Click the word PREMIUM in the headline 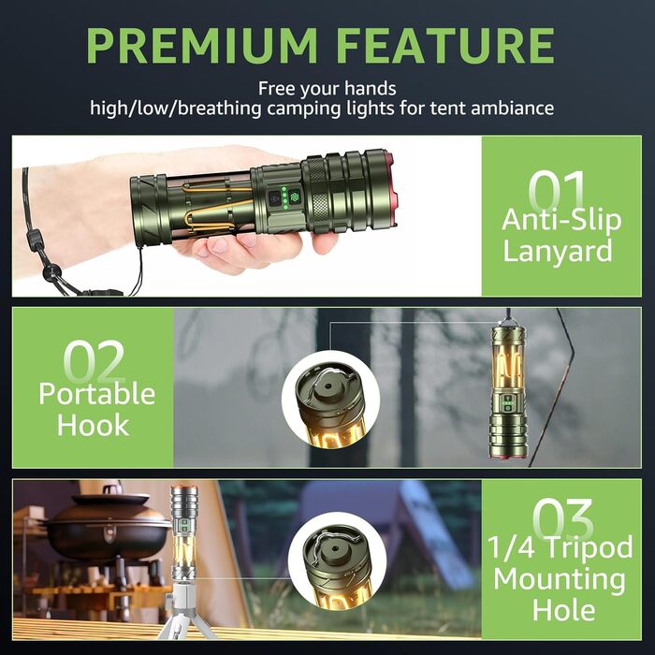click(x=202, y=46)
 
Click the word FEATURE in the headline click(x=445, y=46)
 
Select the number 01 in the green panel click(x=556, y=191)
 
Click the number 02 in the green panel click(x=95, y=361)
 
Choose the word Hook click(x=94, y=425)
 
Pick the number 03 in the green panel click(x=562, y=519)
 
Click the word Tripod click(x=589, y=548)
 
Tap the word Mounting click(x=560, y=579)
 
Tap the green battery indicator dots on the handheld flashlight click(x=284, y=197)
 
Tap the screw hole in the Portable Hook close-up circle click(x=327, y=386)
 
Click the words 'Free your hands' click(x=327, y=89)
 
